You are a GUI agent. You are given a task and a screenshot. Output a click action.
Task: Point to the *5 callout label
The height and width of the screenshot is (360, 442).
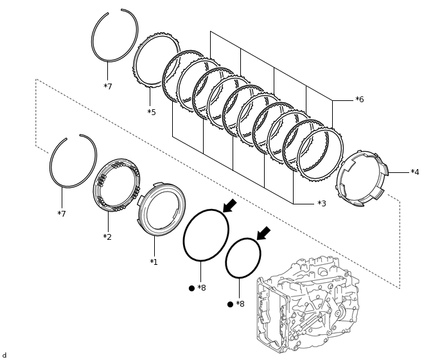pyautogui.click(x=151, y=113)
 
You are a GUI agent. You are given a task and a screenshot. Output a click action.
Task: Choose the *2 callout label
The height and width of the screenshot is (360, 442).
pyautogui.click(x=107, y=237)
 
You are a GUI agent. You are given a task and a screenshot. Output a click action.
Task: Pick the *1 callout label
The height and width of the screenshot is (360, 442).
pyautogui.click(x=154, y=262)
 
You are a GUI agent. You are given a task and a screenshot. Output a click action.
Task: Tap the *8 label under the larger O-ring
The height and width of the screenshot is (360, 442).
pyautogui.click(x=202, y=288)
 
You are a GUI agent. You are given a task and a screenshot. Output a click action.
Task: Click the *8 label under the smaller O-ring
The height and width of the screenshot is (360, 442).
pyautogui.click(x=240, y=304)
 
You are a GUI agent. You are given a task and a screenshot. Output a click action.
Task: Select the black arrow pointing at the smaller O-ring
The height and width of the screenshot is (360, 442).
pyautogui.click(x=263, y=233)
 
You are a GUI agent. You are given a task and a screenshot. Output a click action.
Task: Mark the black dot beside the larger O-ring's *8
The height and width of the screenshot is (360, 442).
pyautogui.click(x=191, y=288)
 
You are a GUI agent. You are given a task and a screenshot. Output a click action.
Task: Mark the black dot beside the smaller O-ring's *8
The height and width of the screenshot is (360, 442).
pyautogui.click(x=230, y=304)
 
